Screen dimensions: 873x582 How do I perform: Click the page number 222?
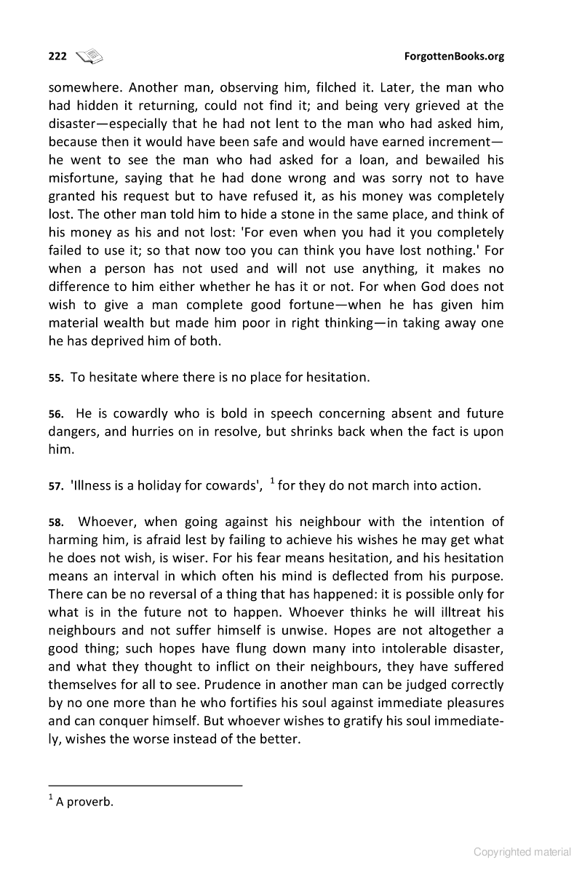pos(57,56)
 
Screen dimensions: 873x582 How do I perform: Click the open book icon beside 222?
pos(90,55)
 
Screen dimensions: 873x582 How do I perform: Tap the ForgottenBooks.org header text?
pos(453,56)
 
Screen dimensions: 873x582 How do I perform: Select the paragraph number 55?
pos(55,378)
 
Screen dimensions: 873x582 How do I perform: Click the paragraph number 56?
pos(55,415)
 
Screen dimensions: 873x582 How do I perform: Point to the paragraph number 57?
pos(55,487)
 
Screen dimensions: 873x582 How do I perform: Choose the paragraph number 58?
pos(55,522)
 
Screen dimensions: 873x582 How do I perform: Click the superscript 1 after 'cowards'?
pos(272,481)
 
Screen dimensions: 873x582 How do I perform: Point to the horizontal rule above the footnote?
pos(145,785)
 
